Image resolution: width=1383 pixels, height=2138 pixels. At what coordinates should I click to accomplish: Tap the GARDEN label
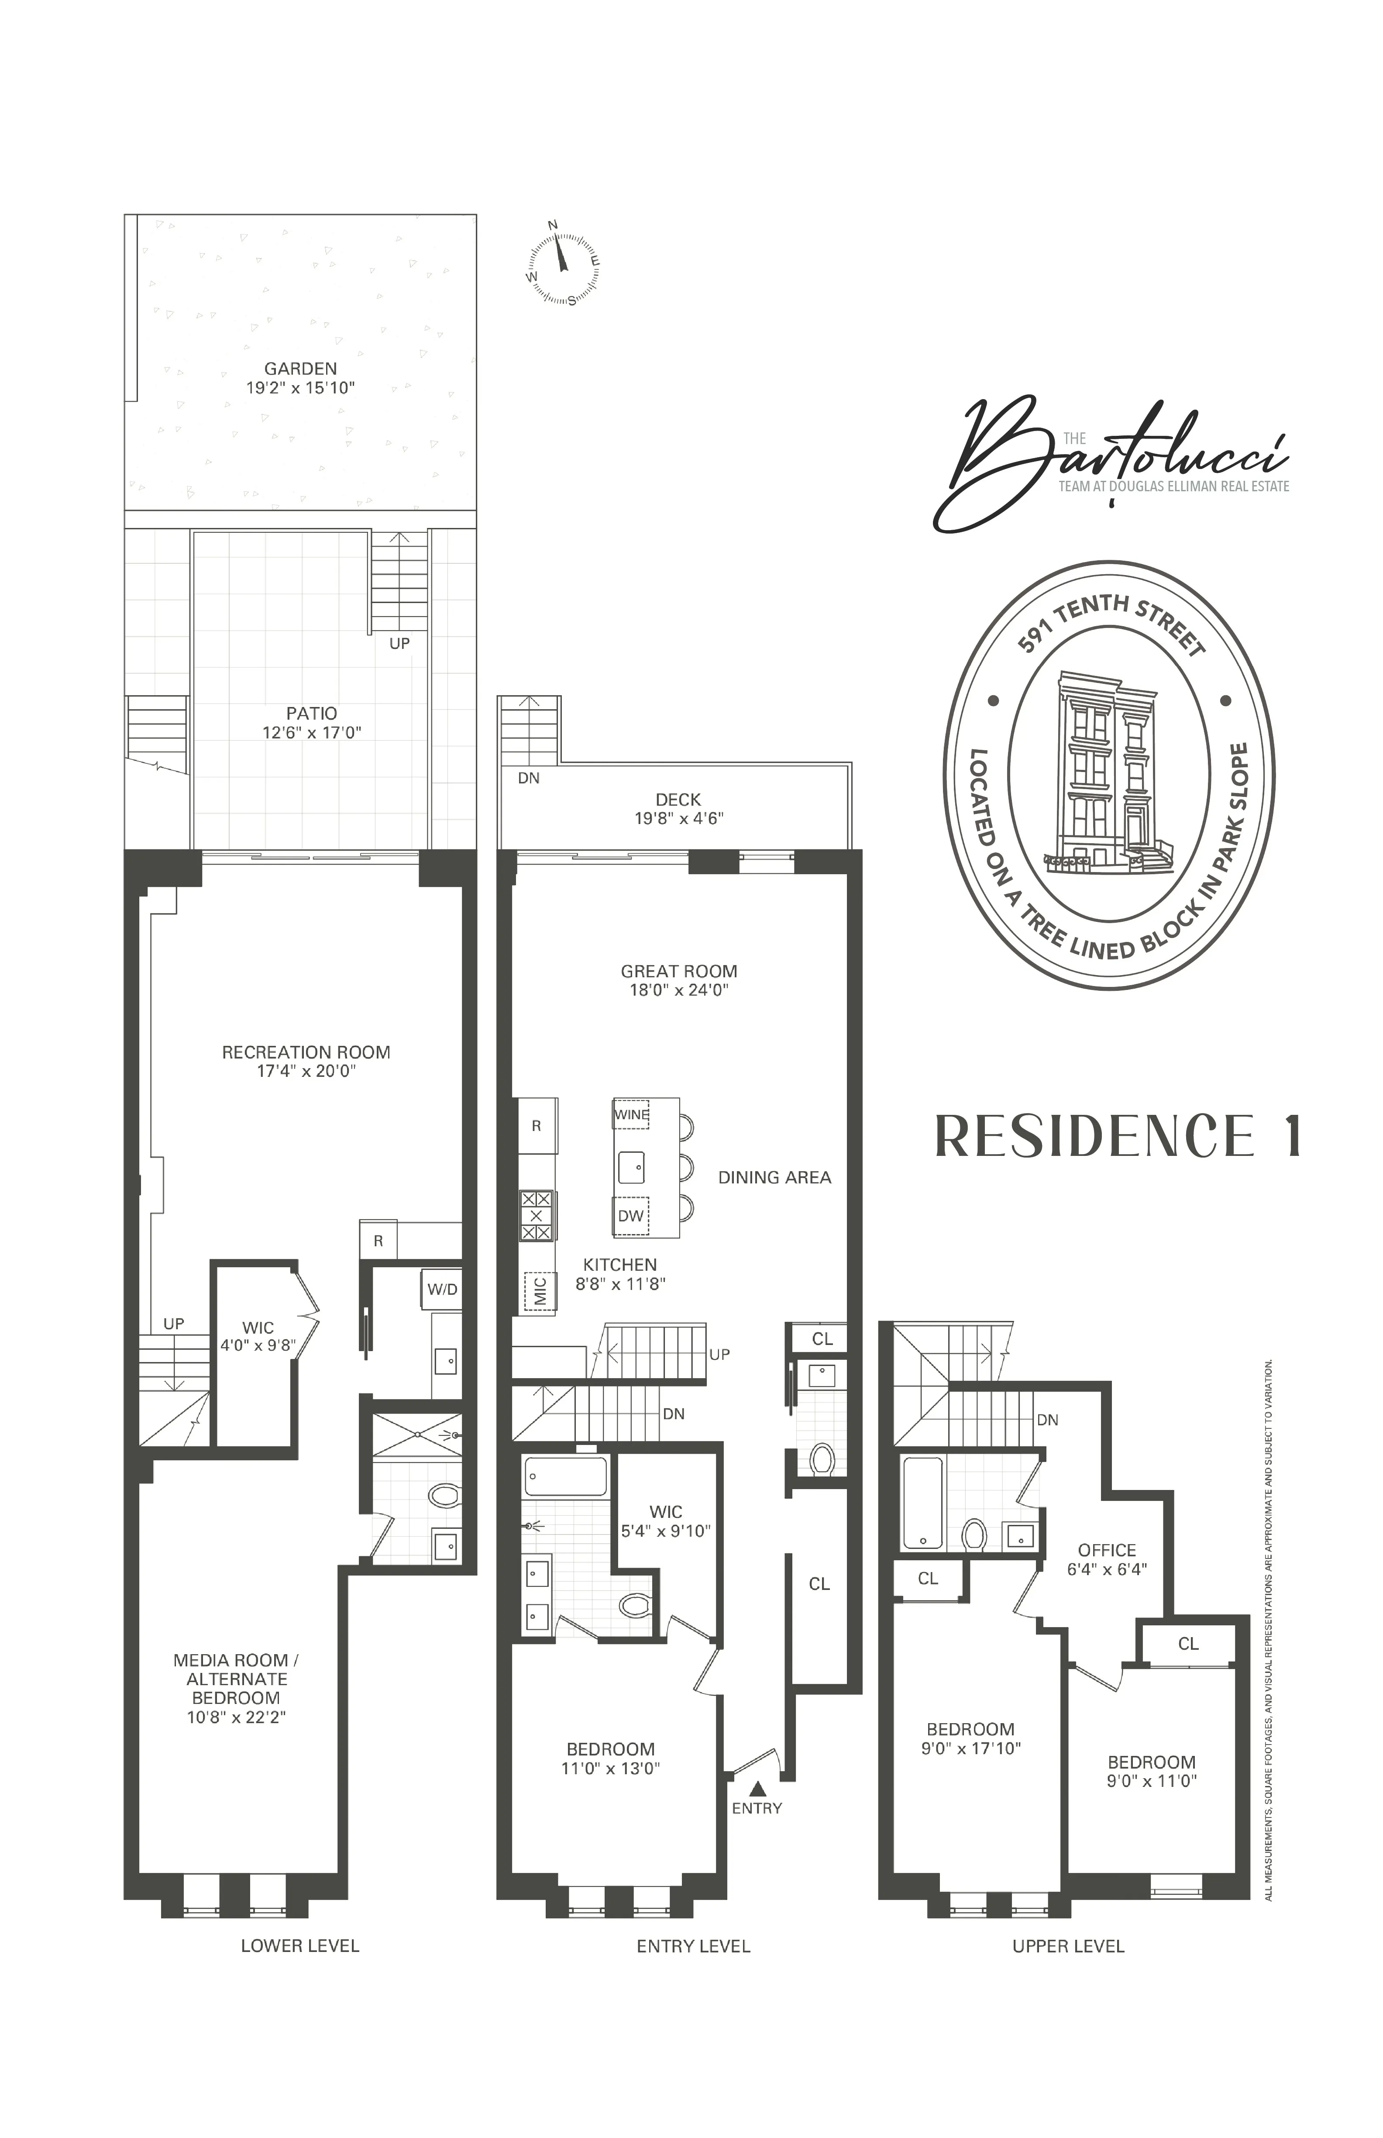click(300, 368)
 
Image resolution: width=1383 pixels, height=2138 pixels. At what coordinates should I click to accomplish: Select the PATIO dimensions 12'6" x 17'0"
click(312, 732)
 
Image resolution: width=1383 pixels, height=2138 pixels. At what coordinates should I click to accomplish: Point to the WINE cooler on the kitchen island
click(631, 1115)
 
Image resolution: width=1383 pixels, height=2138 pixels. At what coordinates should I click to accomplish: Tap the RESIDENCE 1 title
click(1118, 1136)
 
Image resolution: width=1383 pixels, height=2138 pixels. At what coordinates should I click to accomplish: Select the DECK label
click(678, 799)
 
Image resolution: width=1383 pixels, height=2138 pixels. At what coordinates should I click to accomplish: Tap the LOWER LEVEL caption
click(300, 1946)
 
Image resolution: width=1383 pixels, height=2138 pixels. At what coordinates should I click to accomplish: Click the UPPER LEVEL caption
click(1068, 1946)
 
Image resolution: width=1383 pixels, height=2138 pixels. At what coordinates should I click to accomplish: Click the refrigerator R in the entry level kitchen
click(536, 1126)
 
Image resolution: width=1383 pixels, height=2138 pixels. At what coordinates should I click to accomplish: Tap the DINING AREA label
click(774, 1177)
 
